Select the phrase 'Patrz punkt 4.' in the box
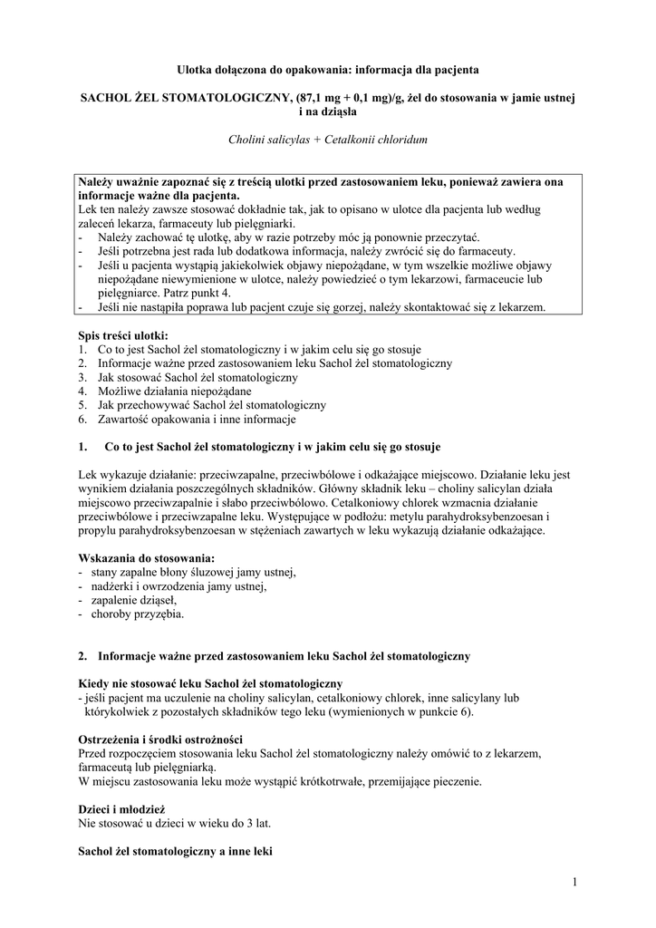(198, 294)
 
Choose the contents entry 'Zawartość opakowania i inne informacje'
(196, 419)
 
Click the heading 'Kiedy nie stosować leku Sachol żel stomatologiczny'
(210, 683)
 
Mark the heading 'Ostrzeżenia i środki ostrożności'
(159, 739)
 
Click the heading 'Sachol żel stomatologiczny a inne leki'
(176, 852)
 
